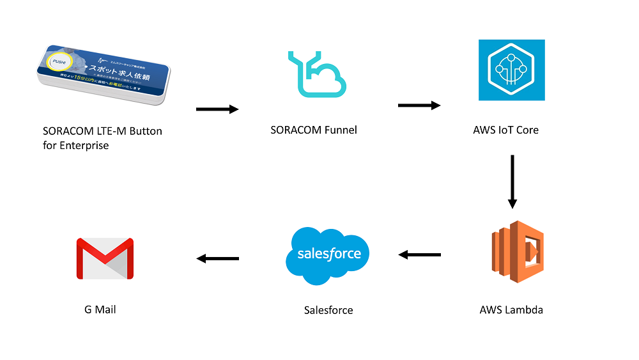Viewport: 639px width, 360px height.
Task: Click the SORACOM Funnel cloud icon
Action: pos(316,74)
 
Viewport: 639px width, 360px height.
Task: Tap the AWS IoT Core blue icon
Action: pos(511,70)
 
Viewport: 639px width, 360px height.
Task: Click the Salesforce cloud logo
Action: pos(328,254)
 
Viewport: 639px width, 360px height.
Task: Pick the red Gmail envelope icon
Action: pos(105,258)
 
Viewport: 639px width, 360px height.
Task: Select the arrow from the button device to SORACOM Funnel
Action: pos(217,109)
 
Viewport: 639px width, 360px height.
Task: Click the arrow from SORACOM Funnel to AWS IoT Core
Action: pos(419,105)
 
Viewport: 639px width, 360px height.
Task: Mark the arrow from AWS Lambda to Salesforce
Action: pos(419,255)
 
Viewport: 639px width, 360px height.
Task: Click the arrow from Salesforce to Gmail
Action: pos(217,258)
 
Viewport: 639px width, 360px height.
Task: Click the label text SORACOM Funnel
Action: pos(314,130)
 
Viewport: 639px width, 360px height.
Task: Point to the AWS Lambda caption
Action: pos(511,310)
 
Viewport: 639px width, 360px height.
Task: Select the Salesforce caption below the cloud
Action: pos(328,310)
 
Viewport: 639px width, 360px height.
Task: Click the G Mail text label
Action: pos(100,309)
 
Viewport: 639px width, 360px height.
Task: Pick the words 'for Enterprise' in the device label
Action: pos(76,146)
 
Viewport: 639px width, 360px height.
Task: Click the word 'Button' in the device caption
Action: pos(146,131)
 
